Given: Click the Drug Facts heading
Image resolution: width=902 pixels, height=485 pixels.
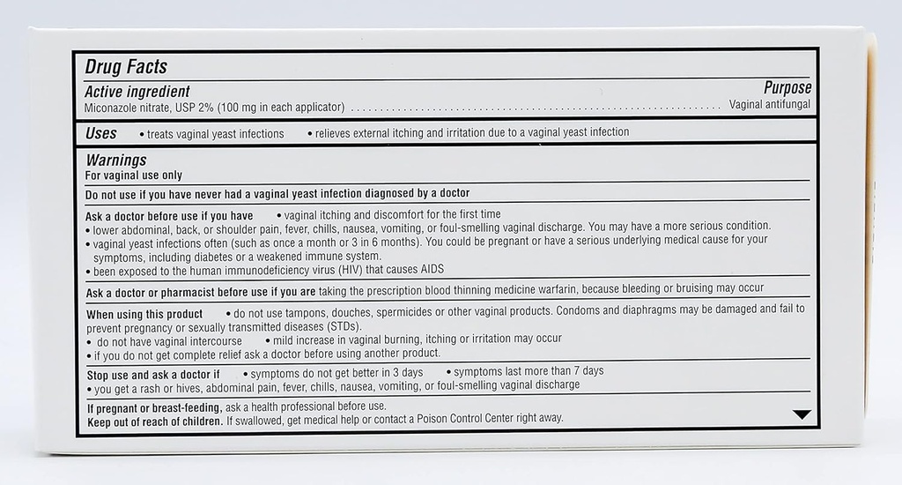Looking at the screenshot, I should tap(126, 67).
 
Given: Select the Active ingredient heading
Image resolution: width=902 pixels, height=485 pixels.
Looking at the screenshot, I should tap(137, 92).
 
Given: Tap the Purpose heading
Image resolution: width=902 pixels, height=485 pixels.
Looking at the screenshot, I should tap(787, 88).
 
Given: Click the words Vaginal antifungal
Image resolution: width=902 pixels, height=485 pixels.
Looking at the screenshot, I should tap(769, 105).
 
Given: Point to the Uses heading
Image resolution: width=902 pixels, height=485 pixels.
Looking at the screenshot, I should tap(101, 133).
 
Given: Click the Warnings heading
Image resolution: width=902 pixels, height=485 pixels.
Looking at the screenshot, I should tap(116, 160).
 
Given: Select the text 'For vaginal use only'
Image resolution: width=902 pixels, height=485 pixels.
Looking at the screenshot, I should tap(134, 175).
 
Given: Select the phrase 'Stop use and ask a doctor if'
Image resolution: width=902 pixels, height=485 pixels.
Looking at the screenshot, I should tap(152, 374).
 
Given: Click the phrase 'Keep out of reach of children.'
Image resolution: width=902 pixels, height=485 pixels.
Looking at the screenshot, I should tap(154, 419).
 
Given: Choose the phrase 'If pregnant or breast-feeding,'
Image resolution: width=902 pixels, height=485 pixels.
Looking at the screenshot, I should tap(153, 407).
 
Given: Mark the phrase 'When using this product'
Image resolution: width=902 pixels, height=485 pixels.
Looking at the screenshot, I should tap(144, 314).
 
